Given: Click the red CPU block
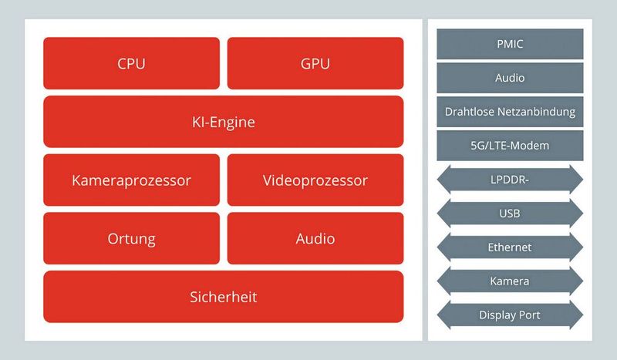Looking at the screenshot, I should pos(131,63).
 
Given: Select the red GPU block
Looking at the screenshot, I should pos(315,63).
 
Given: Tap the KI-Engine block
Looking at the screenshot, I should pos(223,122).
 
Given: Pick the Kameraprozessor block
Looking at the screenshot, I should pos(131,180).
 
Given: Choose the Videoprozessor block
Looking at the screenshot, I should pos(315,180).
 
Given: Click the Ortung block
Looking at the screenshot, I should pos(131,238).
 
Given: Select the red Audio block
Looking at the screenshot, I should pos(315,238).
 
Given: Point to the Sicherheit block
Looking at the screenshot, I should pos(223,297).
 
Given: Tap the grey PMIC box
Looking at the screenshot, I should pos(510,44).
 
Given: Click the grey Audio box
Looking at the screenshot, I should pos(510,78).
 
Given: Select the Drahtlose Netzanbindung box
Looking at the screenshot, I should pos(510,112).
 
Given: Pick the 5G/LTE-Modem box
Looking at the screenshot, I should pos(510,146).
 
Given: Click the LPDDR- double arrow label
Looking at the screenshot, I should pos(510,180).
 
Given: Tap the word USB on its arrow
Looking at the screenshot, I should pos(510,214).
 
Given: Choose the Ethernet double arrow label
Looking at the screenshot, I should pos(510,247).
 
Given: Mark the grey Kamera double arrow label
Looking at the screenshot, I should pos(510,281).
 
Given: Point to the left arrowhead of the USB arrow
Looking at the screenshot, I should pos(443,214).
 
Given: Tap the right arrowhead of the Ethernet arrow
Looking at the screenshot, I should pos(577,247).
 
